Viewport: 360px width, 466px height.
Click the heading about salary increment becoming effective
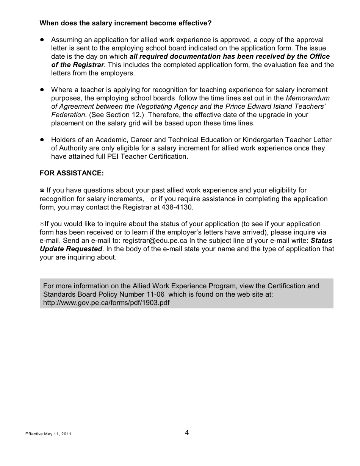coord(125,23)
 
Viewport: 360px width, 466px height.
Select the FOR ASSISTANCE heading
coord(72,173)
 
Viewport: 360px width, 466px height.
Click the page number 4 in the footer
coord(187,433)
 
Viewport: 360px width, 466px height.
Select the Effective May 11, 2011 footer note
coord(48,434)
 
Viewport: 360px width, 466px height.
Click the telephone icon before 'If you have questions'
coord(42,191)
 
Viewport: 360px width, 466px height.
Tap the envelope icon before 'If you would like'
coord(42,224)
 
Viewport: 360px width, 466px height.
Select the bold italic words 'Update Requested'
coord(71,249)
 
